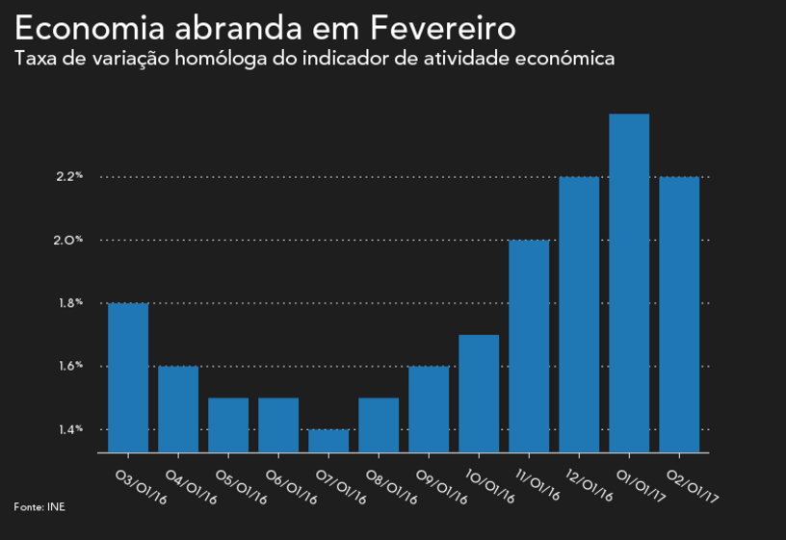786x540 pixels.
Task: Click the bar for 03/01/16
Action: pyautogui.click(x=128, y=377)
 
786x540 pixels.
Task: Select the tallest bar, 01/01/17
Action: pyautogui.click(x=629, y=283)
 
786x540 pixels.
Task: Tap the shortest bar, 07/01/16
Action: pyautogui.click(x=328, y=441)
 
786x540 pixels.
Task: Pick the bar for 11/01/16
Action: pyautogui.click(x=529, y=347)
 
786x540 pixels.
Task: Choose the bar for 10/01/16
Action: pyautogui.click(x=479, y=394)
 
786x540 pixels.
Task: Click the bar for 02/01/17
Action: pyautogui.click(x=679, y=315)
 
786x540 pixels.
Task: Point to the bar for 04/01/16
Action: pyautogui.click(x=178, y=409)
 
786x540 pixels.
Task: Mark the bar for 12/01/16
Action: pyautogui.click(x=579, y=315)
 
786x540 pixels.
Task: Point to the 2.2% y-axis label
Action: pyautogui.click(x=69, y=177)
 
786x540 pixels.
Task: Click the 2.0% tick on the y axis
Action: pyautogui.click(x=69, y=240)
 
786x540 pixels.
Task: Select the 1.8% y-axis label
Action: pyautogui.click(x=69, y=303)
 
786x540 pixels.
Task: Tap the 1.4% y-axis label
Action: pyautogui.click(x=69, y=429)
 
